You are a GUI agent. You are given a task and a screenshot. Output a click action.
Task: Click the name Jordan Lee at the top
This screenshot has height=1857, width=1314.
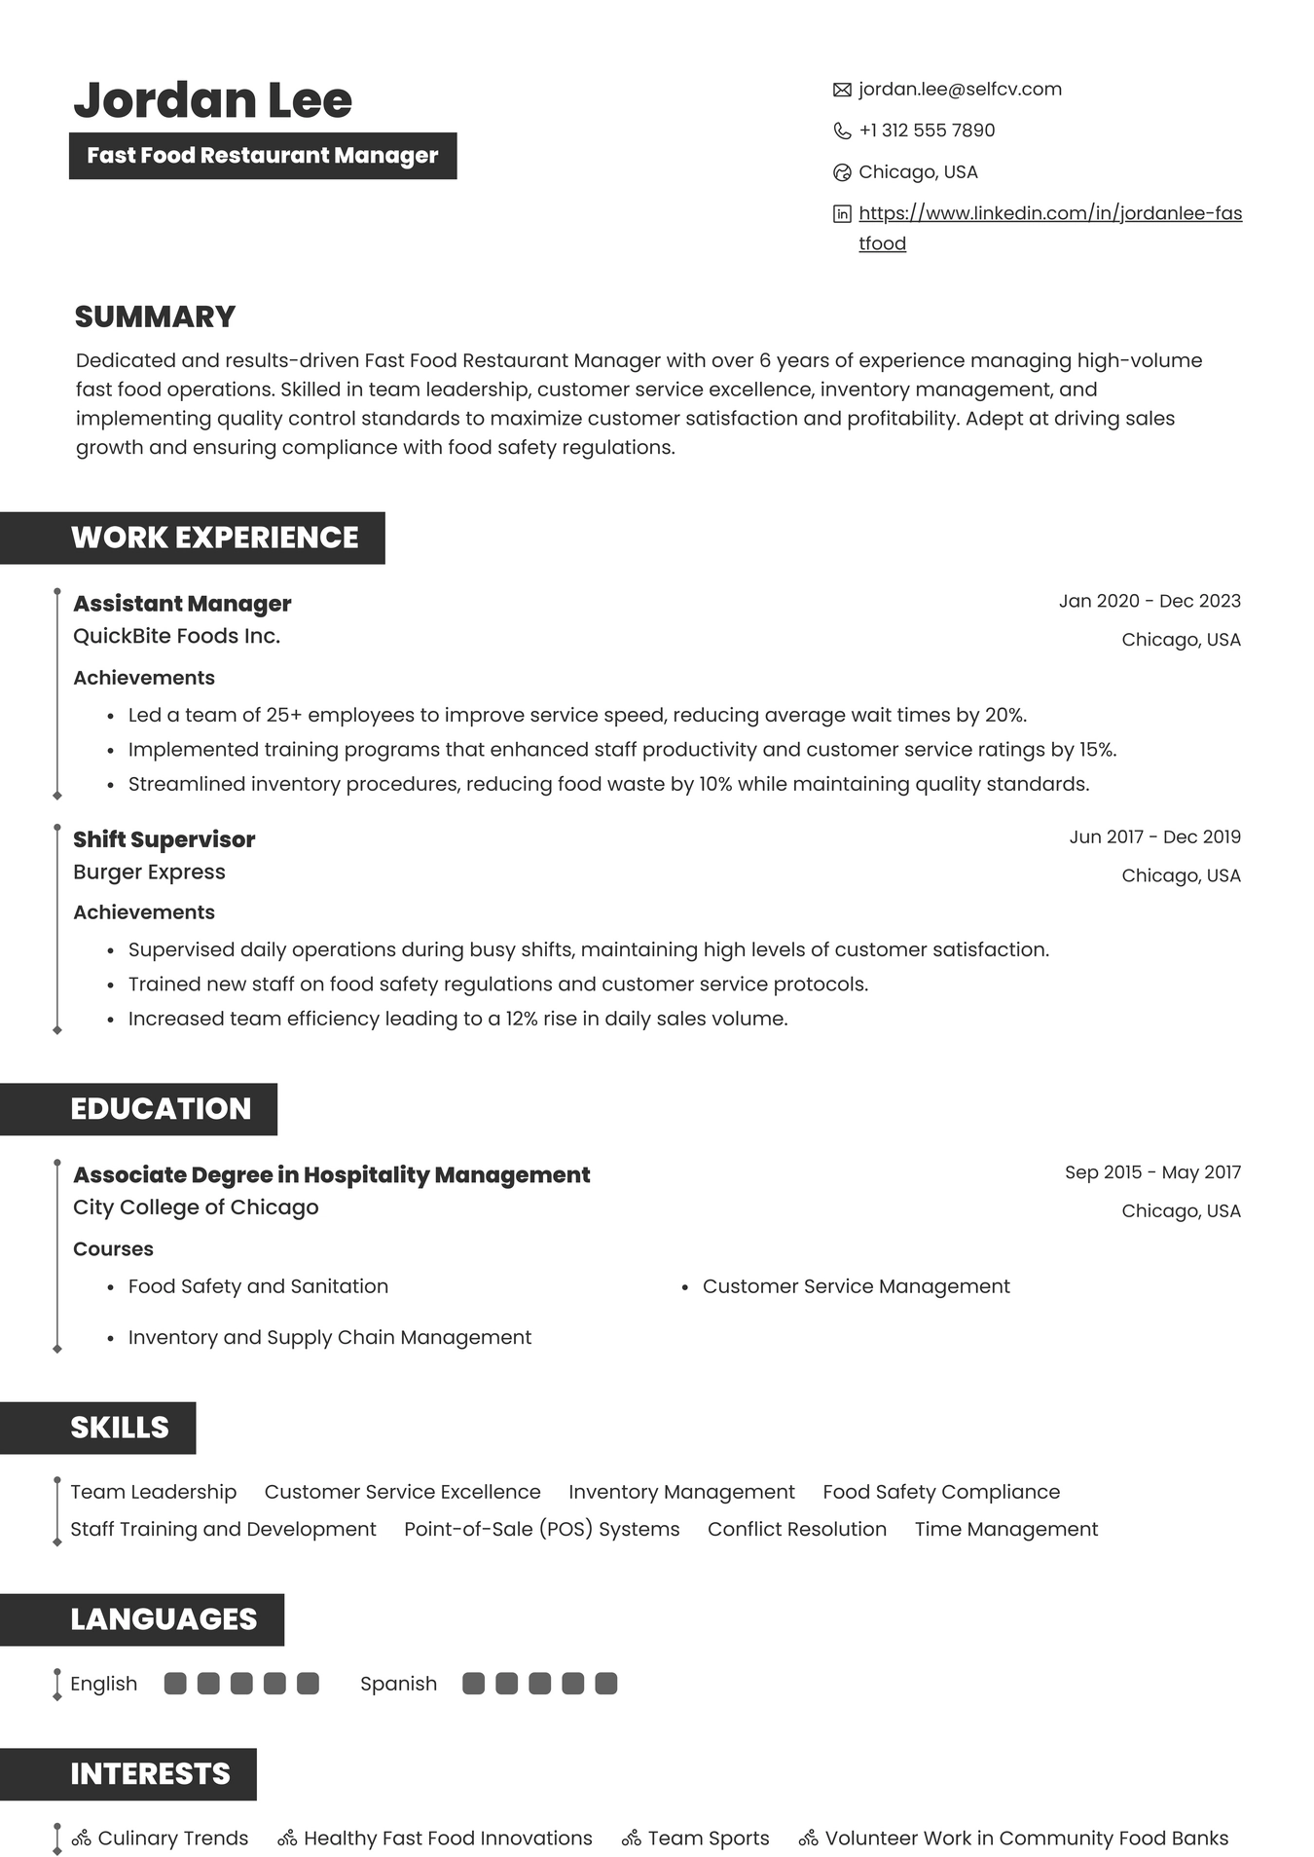click(x=212, y=100)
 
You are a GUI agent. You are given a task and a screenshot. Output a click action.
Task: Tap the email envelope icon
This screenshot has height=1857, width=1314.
click(x=842, y=91)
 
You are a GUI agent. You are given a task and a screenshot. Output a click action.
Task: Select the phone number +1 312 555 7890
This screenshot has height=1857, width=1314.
click(x=926, y=130)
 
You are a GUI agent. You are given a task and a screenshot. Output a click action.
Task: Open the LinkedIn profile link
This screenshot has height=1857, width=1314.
click(x=1049, y=213)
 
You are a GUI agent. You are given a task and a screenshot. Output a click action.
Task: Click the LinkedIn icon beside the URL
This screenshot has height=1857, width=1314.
click(x=842, y=214)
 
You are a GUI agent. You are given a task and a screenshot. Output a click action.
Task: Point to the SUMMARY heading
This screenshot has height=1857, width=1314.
click(x=155, y=316)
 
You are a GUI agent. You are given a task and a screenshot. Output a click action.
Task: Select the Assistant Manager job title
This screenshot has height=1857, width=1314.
click(x=182, y=604)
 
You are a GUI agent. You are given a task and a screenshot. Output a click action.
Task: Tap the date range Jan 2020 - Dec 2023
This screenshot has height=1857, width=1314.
click(x=1149, y=601)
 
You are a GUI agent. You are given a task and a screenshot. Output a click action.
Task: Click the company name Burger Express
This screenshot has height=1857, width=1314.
click(x=149, y=872)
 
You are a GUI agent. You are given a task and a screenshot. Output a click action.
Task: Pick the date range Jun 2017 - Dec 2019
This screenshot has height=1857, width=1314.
click(x=1154, y=836)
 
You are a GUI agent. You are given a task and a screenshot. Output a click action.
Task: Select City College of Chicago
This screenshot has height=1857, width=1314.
click(x=196, y=1207)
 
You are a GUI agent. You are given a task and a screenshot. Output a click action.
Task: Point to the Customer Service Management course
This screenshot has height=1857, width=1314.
click(x=856, y=1286)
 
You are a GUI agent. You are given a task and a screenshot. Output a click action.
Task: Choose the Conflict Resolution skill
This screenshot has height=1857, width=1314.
click(x=796, y=1529)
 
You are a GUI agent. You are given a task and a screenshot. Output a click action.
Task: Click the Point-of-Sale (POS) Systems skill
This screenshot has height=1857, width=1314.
click(x=541, y=1529)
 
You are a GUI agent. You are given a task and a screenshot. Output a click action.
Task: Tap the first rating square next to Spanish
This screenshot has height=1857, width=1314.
click(x=473, y=1684)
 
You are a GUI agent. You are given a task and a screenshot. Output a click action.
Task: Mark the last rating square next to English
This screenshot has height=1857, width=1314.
click(x=308, y=1684)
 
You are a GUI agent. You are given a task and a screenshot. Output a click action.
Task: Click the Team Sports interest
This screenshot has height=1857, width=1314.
click(x=708, y=1838)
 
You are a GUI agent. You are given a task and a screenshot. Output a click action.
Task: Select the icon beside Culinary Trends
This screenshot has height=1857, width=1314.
click(x=82, y=1838)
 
